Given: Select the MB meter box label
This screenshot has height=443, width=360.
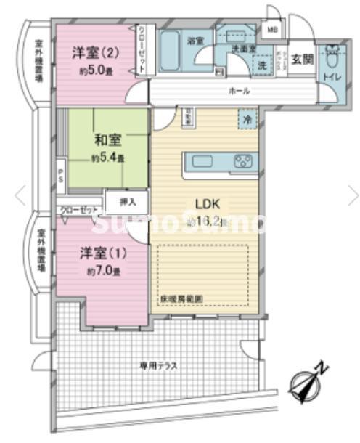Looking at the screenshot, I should click(271, 30).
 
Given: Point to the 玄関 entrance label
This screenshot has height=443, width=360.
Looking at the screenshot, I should click(303, 60).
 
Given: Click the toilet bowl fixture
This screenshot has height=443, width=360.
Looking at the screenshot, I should click(332, 57).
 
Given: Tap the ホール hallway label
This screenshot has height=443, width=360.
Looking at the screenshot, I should click(240, 91).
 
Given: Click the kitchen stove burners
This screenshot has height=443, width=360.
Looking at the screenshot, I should click(242, 160).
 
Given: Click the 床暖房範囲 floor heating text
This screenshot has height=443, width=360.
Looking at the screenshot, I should click(182, 298).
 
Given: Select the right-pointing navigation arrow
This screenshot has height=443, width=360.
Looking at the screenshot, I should click(352, 195).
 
